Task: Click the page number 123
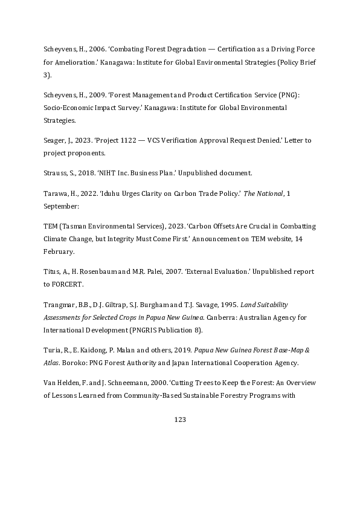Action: click(179, 420)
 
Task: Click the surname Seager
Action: click(55, 140)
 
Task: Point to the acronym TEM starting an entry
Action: click(50, 225)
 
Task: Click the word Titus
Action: click(51, 271)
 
